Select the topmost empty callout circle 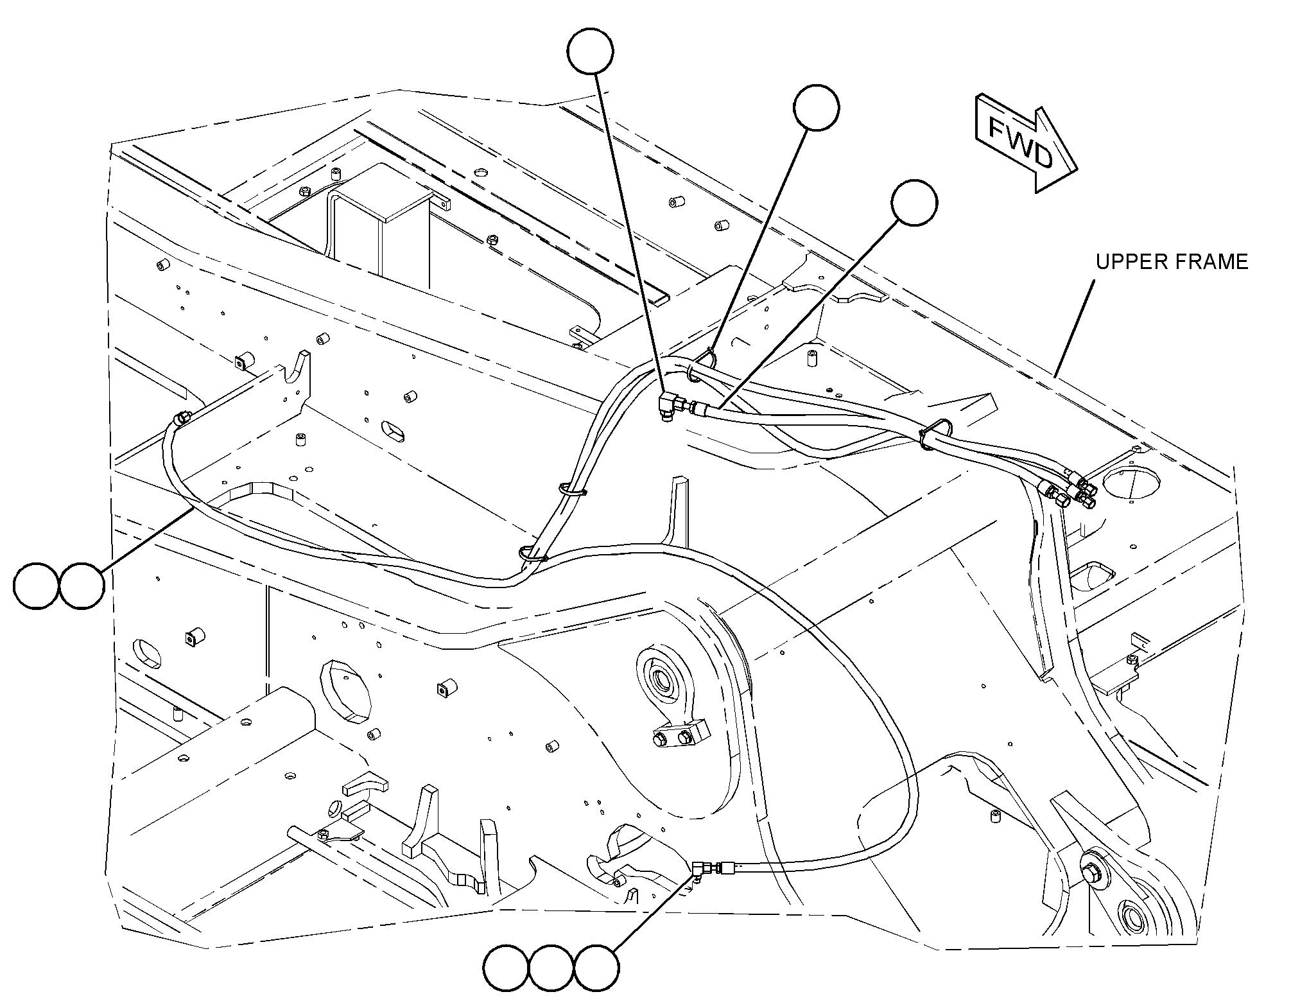coord(591,50)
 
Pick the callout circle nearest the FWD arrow coord(914,203)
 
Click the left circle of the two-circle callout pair coord(37,585)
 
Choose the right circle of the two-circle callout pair coord(82,585)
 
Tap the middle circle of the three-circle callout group coord(552,967)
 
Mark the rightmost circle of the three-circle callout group coord(597,967)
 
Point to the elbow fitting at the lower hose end coord(701,871)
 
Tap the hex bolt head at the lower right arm coord(1089,873)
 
